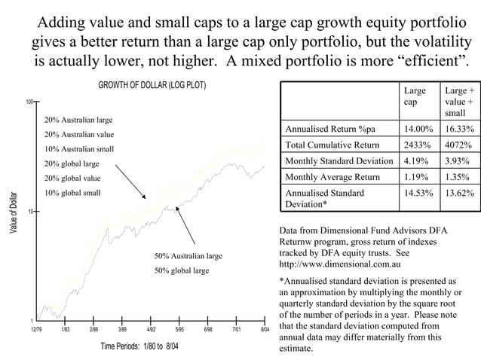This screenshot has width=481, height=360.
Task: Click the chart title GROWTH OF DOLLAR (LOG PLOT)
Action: [x=152, y=84]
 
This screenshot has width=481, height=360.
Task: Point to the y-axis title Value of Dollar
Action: [x=14, y=212]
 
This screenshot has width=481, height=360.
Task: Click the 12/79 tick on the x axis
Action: [x=35, y=330]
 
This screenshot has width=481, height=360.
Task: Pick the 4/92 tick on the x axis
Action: [x=150, y=330]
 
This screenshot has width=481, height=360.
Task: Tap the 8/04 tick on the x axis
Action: [x=265, y=330]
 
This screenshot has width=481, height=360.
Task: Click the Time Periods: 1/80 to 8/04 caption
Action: [x=140, y=346]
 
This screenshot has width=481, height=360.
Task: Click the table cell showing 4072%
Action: [x=458, y=145]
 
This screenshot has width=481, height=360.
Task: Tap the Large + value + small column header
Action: [x=459, y=101]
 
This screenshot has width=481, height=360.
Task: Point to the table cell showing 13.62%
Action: [x=459, y=194]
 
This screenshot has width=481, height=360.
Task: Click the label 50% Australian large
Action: [x=188, y=256]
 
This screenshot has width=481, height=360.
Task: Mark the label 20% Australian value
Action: [x=78, y=134]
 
